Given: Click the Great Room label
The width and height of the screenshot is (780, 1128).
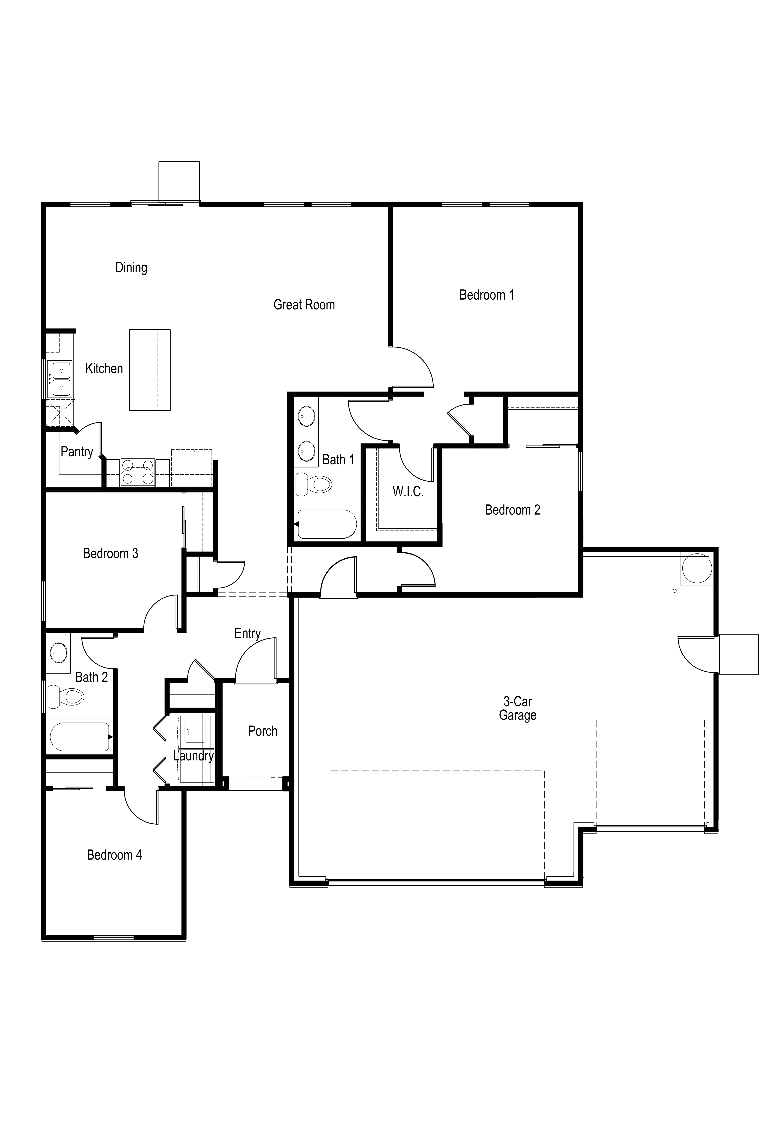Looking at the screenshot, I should tap(304, 305).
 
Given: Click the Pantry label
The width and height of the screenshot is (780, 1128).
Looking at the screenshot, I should tap(77, 452).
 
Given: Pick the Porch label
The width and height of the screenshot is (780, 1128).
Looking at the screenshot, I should tap(262, 731).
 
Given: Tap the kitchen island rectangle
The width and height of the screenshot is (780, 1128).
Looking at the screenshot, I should tap(150, 370).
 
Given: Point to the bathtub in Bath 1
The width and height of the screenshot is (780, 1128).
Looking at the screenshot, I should tap(326, 524).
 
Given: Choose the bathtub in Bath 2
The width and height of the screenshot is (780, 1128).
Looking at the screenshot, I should tap(80, 737).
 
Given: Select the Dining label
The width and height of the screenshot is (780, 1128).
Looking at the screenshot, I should tap(131, 268).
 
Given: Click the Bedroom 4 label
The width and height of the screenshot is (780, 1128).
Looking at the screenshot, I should tap(114, 855).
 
